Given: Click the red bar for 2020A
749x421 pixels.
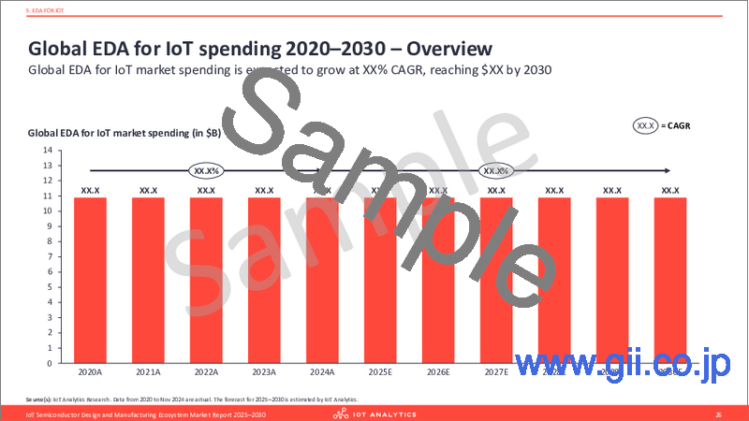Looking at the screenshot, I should [x=90, y=280].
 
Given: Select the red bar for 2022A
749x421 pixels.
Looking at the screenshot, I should [x=206, y=280].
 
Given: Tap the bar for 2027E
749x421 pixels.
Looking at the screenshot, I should [x=495, y=280].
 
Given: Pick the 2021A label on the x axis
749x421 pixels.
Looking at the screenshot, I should [x=148, y=371].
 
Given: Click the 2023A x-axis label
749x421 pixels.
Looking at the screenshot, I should [x=264, y=371].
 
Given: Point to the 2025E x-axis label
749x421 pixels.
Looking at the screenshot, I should [x=379, y=371].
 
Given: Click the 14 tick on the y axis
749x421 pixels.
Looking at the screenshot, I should [x=47, y=150].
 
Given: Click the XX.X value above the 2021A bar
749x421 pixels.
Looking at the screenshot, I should [x=148, y=191].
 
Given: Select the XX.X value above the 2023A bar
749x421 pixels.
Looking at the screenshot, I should [x=264, y=191].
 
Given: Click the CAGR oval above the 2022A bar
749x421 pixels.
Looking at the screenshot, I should [x=206, y=171].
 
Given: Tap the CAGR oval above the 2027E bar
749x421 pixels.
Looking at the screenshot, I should [x=495, y=171].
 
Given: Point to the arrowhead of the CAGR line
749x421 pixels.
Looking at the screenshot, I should [x=665, y=170].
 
